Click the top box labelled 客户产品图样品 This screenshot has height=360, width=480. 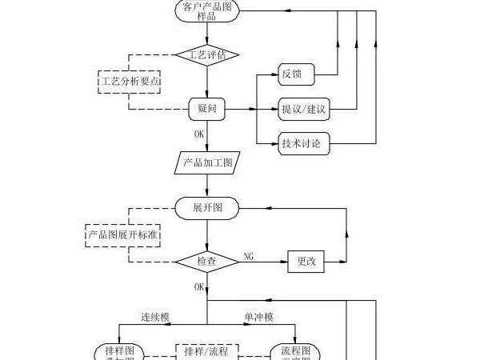tap(207, 11)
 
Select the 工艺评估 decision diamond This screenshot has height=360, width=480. tap(207, 55)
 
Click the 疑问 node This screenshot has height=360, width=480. tap(207, 107)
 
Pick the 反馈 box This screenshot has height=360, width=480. tap(295, 75)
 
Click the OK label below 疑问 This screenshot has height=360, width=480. tap(198, 134)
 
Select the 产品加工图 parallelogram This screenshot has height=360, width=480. tap(207, 163)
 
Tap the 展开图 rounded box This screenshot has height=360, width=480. tap(207, 207)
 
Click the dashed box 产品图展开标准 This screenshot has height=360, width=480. tap(121, 235)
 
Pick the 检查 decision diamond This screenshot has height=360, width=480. tap(207, 261)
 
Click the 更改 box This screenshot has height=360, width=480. tap(306, 261)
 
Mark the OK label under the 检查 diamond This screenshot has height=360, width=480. tap(198, 286)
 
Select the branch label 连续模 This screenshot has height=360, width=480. tap(155, 318)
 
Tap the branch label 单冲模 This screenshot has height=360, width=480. tap(258, 318)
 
